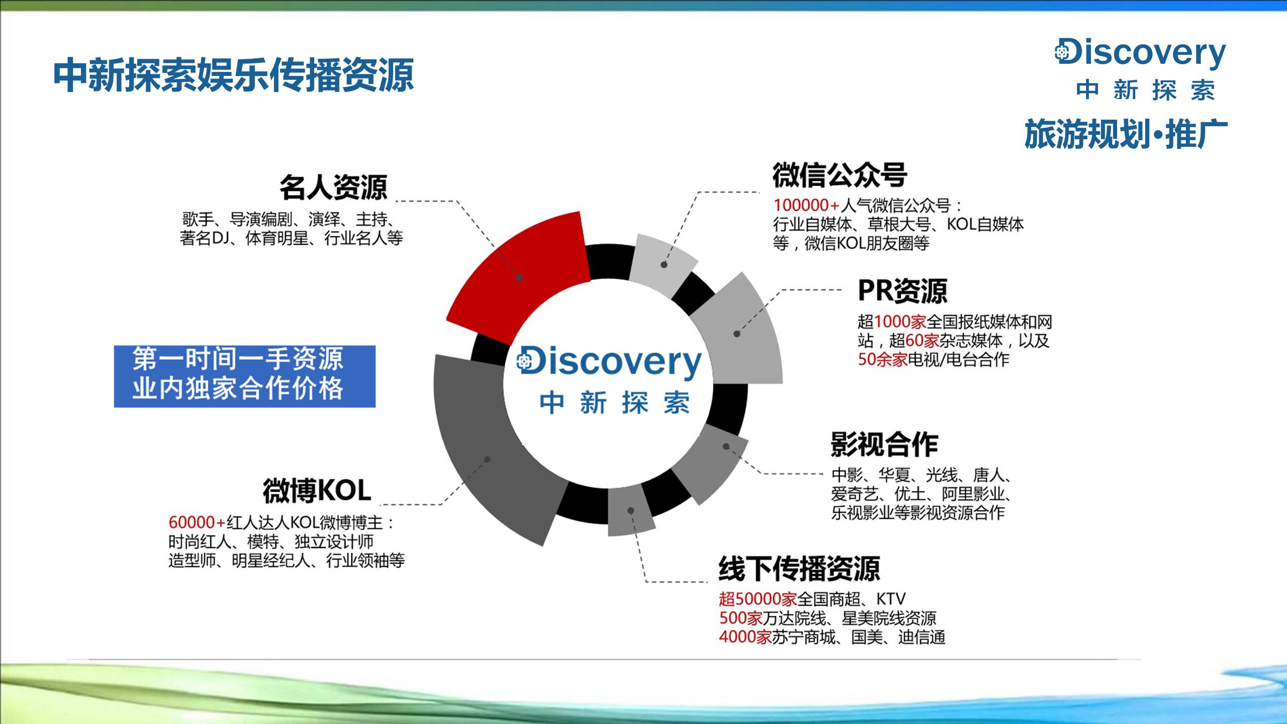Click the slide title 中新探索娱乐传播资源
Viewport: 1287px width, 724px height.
[x=234, y=75]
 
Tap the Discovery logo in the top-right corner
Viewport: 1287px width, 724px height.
[x=1140, y=69]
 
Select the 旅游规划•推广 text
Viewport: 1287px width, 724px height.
[x=1126, y=134]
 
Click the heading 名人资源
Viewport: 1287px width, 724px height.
[x=333, y=188]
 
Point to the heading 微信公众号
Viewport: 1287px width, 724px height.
[x=840, y=175]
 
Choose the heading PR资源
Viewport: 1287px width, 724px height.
[x=902, y=291]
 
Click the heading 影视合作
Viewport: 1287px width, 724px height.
[x=884, y=444]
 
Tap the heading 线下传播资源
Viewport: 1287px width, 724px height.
[x=799, y=569]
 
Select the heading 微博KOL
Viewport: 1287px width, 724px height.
[x=317, y=491]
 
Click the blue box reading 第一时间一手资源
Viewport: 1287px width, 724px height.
[x=244, y=376]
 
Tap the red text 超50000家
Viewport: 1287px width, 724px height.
[x=758, y=599]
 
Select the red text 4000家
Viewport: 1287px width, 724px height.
[x=745, y=637]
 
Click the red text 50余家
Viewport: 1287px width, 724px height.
[x=882, y=359]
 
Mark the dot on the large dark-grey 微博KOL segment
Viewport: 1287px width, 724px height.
[x=487, y=459]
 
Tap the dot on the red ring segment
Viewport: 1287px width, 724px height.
[x=519, y=277]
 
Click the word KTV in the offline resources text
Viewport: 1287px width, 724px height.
[x=891, y=599]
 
